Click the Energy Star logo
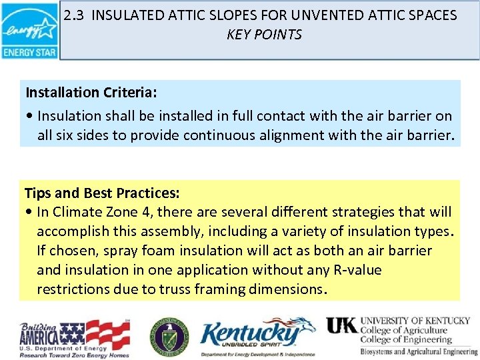[29, 31]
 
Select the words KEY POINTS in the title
[264, 35]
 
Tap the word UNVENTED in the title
[337, 15]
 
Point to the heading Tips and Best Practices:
[102, 193]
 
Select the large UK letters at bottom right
[341, 325]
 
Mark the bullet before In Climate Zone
[30, 213]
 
